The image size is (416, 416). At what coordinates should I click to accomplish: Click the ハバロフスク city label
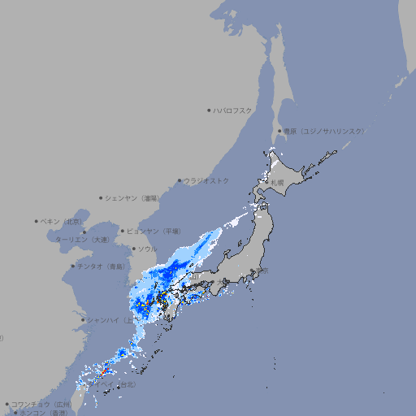click(x=233, y=110)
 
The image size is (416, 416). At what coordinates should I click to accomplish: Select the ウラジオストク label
click(x=207, y=180)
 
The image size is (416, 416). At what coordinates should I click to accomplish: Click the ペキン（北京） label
click(x=63, y=221)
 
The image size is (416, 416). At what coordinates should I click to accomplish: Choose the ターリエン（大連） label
click(x=82, y=240)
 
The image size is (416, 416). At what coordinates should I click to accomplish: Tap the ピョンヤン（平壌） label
click(x=154, y=231)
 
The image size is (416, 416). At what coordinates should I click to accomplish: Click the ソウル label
click(x=147, y=249)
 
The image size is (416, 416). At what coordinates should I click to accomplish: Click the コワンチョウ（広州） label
click(x=41, y=404)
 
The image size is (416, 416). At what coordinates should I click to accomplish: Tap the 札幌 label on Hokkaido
click(x=277, y=182)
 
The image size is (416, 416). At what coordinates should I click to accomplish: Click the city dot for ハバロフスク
click(x=209, y=110)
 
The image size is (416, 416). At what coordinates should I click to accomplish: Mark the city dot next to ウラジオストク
click(x=180, y=180)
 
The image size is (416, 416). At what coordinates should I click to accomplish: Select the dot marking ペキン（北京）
click(x=37, y=221)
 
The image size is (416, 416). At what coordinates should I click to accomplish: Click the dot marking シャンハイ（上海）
click(x=83, y=319)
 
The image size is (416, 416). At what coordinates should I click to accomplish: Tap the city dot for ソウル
click(x=133, y=249)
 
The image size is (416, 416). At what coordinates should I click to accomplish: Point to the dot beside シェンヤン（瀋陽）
click(x=101, y=197)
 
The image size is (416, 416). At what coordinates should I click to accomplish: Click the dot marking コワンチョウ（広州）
click(x=6, y=404)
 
